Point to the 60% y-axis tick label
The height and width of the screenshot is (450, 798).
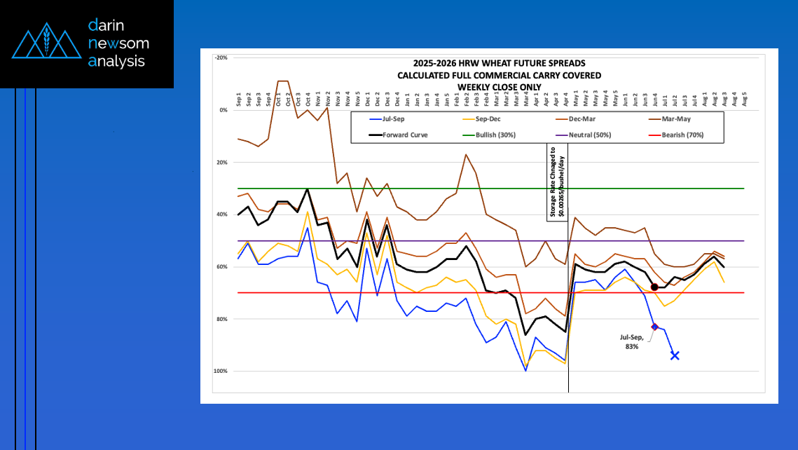(221, 267)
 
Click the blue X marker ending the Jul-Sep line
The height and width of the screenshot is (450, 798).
(675, 355)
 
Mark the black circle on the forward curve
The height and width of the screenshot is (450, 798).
(654, 287)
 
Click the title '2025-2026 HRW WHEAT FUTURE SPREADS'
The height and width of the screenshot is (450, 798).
(489, 64)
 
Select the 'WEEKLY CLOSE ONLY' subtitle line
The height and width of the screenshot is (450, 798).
(489, 87)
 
